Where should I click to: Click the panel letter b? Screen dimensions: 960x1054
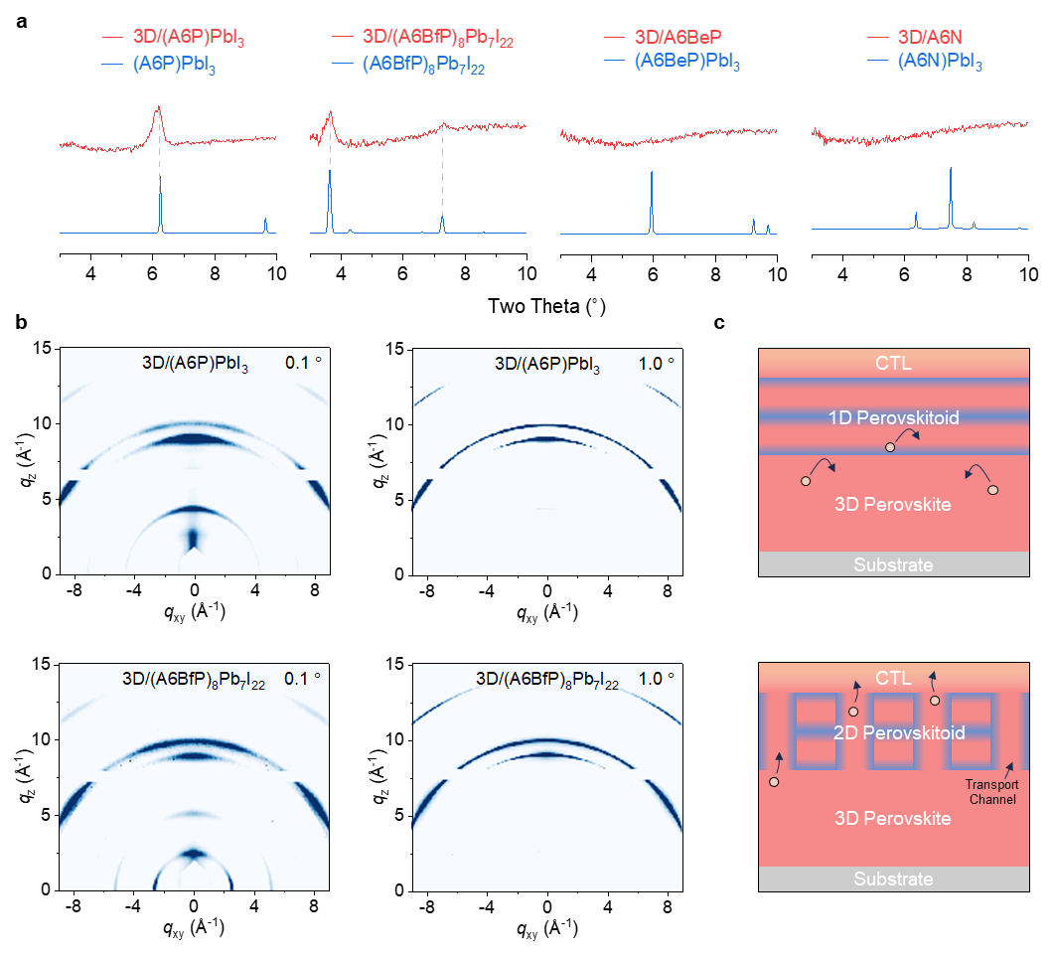(x=22, y=324)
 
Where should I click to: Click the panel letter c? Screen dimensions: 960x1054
(x=719, y=324)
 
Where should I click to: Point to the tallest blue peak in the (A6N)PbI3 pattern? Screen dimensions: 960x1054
(x=951, y=170)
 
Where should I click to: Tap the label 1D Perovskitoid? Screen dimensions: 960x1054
(x=895, y=418)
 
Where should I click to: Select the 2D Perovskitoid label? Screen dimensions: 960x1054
(x=895, y=732)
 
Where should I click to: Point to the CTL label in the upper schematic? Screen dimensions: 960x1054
(x=895, y=364)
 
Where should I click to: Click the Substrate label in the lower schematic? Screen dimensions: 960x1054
(x=893, y=879)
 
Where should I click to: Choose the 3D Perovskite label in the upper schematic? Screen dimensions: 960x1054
(x=895, y=505)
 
